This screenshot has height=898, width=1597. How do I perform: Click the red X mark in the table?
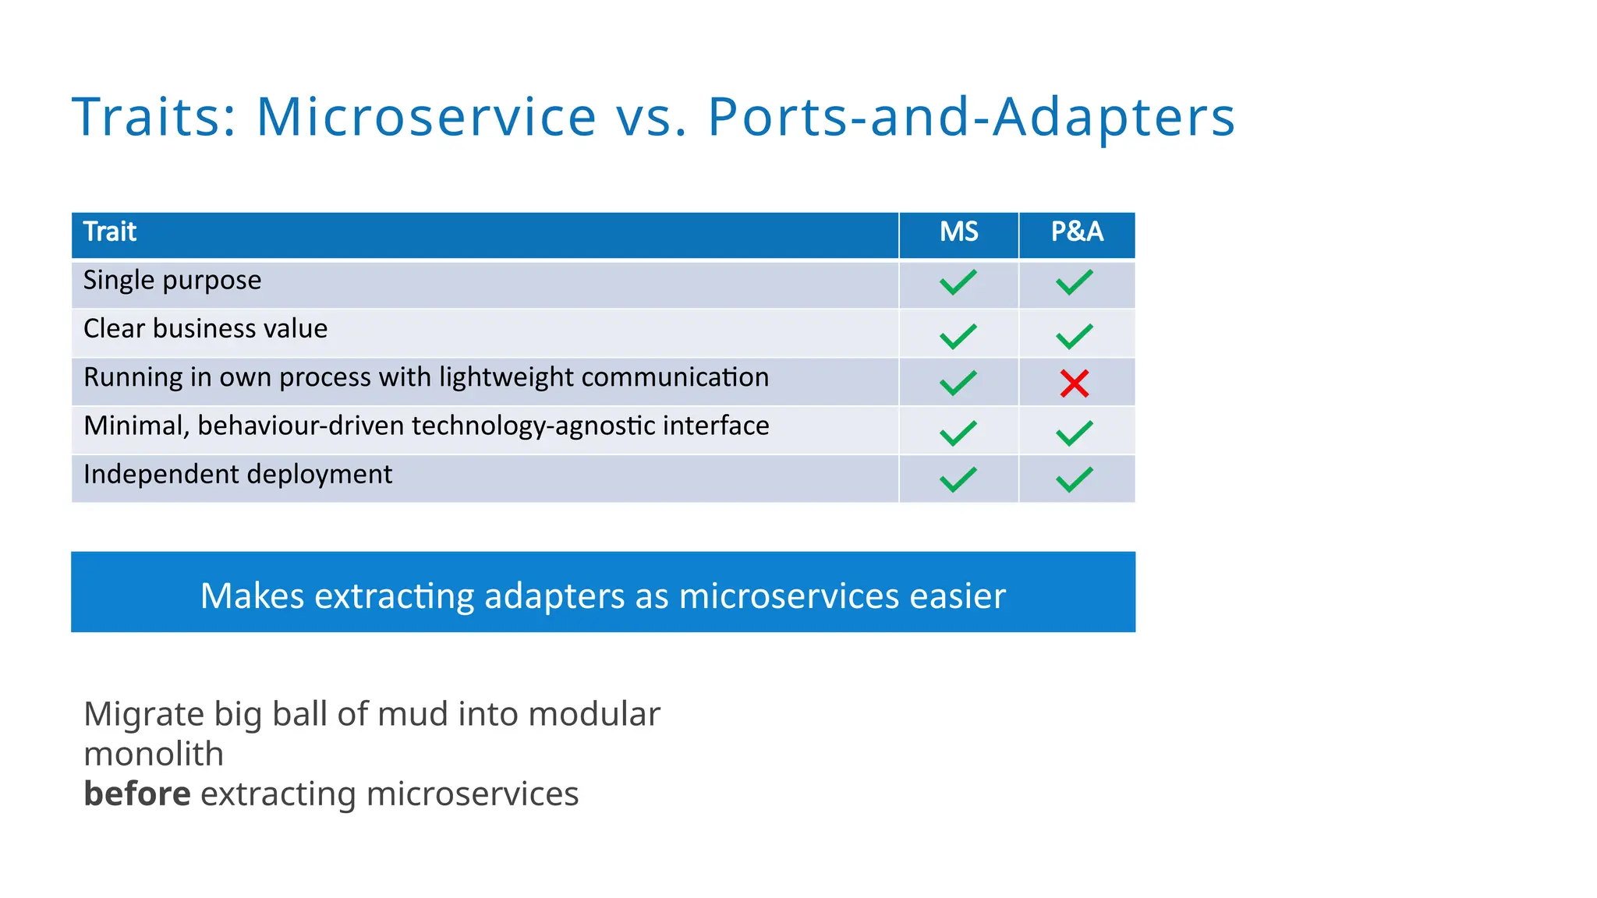tap(1074, 383)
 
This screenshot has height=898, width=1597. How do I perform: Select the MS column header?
tap(958, 232)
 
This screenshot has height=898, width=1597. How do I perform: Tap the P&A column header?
tap(1077, 232)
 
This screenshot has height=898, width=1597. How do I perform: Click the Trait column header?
tap(110, 232)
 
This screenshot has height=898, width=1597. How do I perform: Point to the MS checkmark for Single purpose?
tap(958, 281)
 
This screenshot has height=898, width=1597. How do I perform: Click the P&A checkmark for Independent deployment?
tap(1075, 479)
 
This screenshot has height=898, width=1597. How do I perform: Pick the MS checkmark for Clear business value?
tap(958, 336)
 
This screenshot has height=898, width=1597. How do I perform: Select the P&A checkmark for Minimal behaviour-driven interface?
tap(1075, 432)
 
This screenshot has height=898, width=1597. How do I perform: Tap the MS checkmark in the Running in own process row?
tap(958, 383)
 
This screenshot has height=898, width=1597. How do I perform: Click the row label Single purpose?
tap(172, 281)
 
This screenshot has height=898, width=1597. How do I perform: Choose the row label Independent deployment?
tap(238, 474)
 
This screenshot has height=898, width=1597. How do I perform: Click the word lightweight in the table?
tap(507, 377)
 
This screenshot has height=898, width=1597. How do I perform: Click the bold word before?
tap(137, 794)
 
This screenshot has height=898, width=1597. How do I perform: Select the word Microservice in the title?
tap(426, 117)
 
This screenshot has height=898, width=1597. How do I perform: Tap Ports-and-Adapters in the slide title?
tap(971, 117)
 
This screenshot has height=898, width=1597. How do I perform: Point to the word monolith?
tap(154, 755)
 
